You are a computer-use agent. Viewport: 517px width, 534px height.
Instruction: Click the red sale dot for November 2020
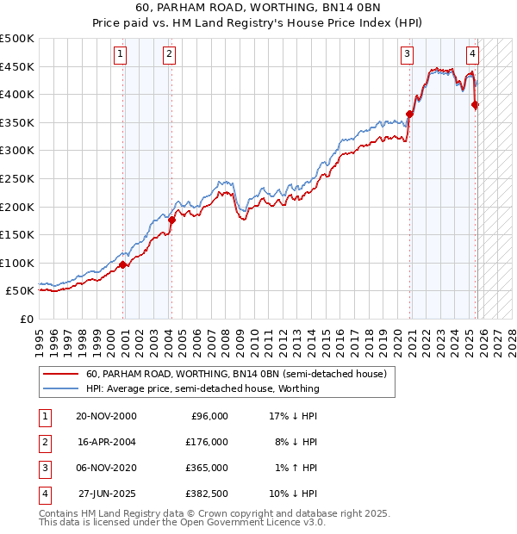point(410,114)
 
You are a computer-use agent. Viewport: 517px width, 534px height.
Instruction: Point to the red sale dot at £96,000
point(123,264)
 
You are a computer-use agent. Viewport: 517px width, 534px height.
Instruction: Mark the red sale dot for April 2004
point(171,220)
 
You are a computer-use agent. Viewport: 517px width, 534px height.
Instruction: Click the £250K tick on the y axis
point(17,178)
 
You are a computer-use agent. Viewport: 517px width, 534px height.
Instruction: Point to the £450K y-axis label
point(17,66)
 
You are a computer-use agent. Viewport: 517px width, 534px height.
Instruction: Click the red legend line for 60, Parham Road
point(60,375)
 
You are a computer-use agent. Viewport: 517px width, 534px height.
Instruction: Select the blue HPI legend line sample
point(60,388)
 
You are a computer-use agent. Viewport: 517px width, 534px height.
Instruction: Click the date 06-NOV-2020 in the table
point(106,468)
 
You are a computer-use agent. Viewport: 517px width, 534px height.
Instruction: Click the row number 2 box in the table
point(43,442)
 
